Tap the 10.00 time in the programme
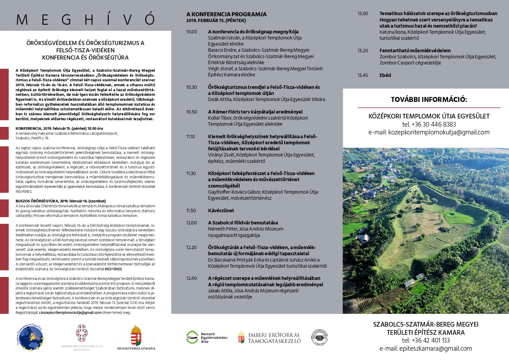[192, 32]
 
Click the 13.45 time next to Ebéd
[362, 75]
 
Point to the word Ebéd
[385, 75]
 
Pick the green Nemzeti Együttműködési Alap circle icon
[192, 337]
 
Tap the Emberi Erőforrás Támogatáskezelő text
[274, 338]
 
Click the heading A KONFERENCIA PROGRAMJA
[226, 14]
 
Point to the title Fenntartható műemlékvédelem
[415, 51]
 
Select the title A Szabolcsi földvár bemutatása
[243, 223]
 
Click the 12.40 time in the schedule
[192, 278]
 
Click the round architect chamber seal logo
[319, 337]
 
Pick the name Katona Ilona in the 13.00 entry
[392, 32]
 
